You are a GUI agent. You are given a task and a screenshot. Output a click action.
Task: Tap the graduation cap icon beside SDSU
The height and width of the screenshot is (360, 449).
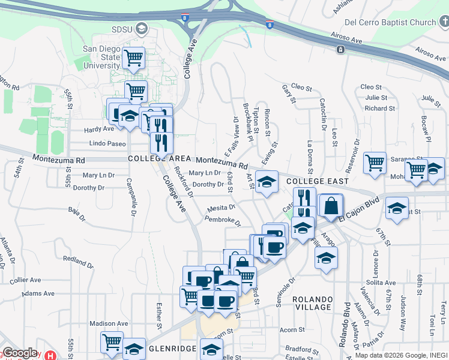click(x=142, y=28)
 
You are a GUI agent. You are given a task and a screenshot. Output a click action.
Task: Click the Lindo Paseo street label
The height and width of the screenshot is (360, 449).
click(x=107, y=144)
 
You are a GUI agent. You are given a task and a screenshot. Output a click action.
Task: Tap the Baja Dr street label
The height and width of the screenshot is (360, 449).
click(x=74, y=210)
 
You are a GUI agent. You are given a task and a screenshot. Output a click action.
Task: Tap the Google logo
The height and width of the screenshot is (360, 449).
click(x=19, y=353)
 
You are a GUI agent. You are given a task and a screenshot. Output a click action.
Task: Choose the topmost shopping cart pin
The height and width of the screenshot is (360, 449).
click(x=133, y=59)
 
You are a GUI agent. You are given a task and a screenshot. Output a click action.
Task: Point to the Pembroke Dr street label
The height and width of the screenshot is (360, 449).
click(x=222, y=222)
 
